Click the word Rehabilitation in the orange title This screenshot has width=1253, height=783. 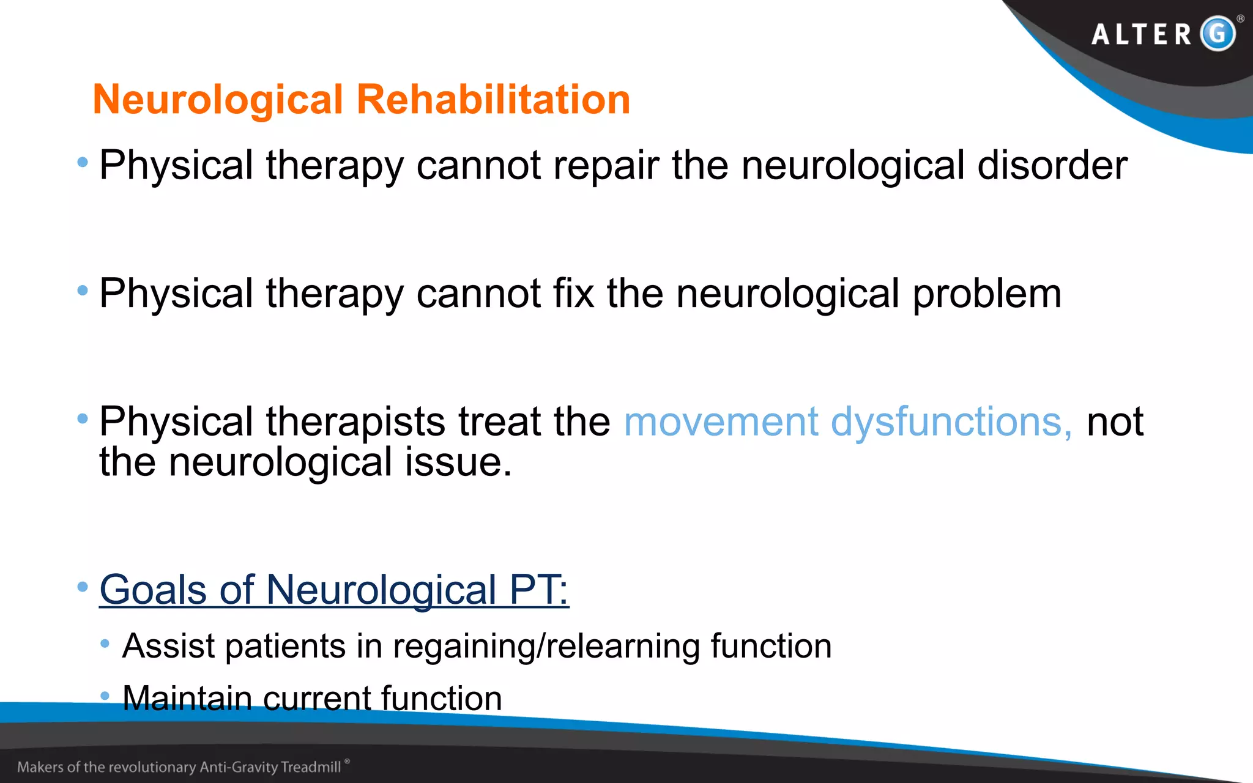pyautogui.click(x=493, y=100)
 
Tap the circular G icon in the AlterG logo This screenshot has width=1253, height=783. pyautogui.click(x=1218, y=33)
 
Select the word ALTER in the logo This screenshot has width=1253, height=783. pyautogui.click(x=1142, y=34)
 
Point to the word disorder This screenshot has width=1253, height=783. pyautogui.click(x=1052, y=165)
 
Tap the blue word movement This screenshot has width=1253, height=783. pyautogui.click(x=721, y=422)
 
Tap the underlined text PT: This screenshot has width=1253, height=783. pyautogui.click(x=538, y=590)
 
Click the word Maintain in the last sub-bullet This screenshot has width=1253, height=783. pyautogui.click(x=187, y=698)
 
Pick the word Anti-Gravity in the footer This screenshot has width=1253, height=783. pyautogui.click(x=239, y=767)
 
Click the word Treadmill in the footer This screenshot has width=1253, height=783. pyautogui.click(x=311, y=767)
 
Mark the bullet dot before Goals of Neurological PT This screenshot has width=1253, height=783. pyautogui.click(x=83, y=587)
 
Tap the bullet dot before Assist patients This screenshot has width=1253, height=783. pyautogui.click(x=105, y=644)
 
